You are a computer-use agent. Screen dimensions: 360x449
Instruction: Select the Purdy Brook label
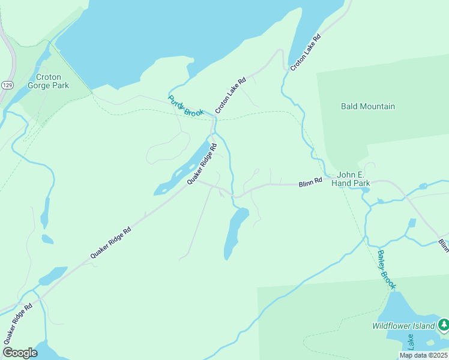[x=185, y=106]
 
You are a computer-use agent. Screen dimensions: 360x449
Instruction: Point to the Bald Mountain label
[x=367, y=106]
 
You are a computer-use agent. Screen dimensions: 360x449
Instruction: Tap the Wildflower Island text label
[x=402, y=326]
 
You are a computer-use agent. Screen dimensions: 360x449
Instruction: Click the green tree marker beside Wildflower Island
[x=443, y=325]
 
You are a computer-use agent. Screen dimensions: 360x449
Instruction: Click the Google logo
[x=20, y=353]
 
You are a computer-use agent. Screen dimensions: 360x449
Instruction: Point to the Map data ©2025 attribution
[x=423, y=355]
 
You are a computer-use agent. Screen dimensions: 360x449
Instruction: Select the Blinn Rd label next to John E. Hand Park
[x=310, y=181]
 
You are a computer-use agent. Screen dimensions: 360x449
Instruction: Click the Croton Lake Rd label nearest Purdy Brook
[x=231, y=95]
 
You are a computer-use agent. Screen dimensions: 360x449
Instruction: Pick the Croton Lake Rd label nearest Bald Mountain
[x=306, y=53]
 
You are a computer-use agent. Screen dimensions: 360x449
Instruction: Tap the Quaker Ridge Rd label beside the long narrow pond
[x=202, y=164]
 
